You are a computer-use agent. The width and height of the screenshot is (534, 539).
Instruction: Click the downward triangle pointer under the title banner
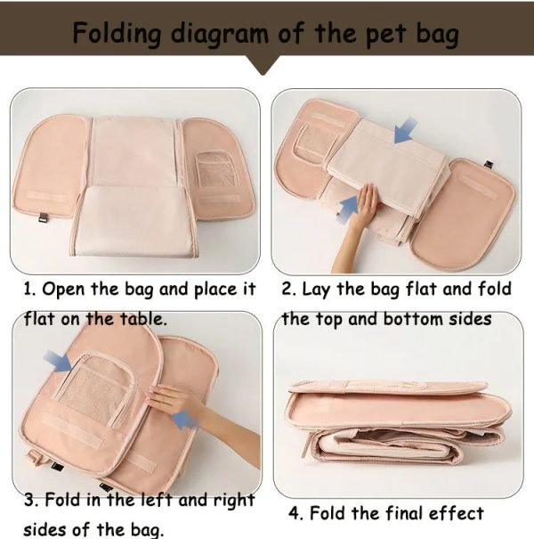(x=266, y=65)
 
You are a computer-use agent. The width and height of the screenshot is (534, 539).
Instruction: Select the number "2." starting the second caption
(x=288, y=290)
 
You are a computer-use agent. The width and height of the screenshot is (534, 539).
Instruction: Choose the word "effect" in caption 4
(x=457, y=514)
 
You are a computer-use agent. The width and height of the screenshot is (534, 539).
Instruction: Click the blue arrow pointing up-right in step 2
(x=350, y=207)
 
